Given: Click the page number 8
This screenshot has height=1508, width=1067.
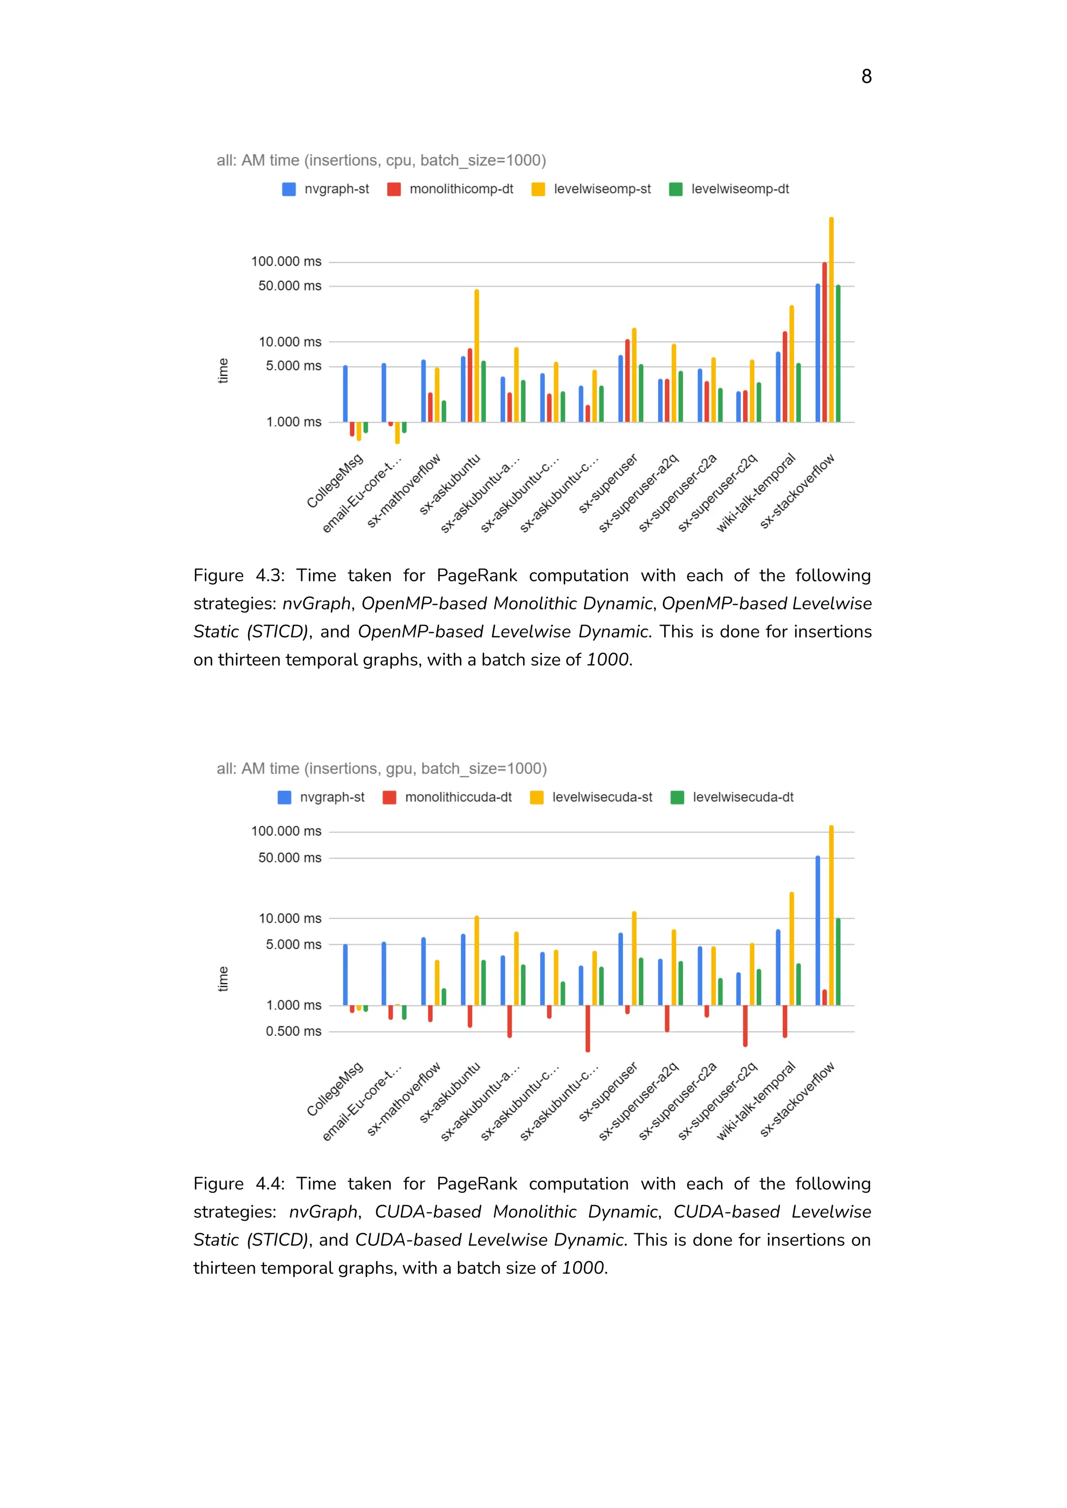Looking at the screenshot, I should coord(866,77).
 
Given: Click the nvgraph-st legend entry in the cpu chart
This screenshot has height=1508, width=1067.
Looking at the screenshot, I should coord(326,189).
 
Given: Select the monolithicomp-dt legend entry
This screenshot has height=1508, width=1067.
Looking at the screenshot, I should coord(451,189).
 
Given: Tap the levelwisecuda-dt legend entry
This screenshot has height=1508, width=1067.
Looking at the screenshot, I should coord(732,798).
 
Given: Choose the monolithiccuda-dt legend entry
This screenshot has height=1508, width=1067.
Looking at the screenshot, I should coord(448,798).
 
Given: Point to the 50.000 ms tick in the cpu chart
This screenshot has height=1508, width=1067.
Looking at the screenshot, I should coord(290,286).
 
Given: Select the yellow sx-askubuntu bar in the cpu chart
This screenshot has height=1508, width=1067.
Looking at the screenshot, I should coord(476,355).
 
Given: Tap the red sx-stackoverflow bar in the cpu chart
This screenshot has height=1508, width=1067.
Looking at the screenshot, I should coord(825,342).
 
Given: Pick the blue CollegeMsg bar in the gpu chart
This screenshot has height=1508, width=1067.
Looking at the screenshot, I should coord(345,975).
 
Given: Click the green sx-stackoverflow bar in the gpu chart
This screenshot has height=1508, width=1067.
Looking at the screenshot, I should coord(838,961).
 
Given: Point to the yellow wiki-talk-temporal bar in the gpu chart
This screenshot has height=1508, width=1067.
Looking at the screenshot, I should coord(791,948).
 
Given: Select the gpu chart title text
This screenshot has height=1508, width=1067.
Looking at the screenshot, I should coord(381,768).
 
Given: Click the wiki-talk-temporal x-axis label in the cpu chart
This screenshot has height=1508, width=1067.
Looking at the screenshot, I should coord(756,493).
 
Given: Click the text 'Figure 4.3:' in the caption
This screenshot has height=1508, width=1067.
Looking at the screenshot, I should coord(239,576).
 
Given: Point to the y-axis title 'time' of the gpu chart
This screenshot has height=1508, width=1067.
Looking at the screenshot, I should coord(224,979).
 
